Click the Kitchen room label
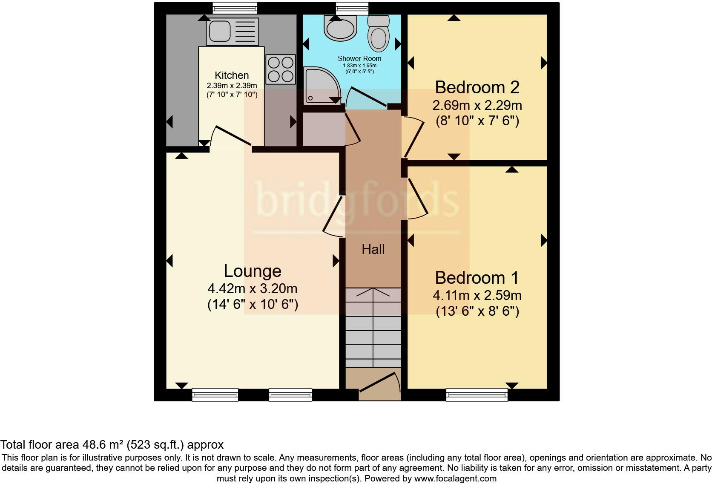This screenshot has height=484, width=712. click(232, 75)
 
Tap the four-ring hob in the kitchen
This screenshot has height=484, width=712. click(281, 69)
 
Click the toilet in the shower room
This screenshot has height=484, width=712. click(379, 33)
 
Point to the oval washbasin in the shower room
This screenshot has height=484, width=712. click(340, 28)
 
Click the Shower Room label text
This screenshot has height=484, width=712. click(359, 58)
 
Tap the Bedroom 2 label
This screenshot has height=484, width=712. click(477, 87)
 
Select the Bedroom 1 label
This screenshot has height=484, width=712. click(477, 278)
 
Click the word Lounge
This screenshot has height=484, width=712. click(253, 271)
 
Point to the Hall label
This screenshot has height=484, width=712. click(373, 249)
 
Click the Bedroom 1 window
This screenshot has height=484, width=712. click(477, 395)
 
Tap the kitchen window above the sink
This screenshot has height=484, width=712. click(235, 8)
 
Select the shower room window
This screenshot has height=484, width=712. click(352, 8)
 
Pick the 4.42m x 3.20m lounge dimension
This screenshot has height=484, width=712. click(253, 289)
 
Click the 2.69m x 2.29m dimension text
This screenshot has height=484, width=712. click(477, 105)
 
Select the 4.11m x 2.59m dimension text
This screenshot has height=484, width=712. click(477, 295)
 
